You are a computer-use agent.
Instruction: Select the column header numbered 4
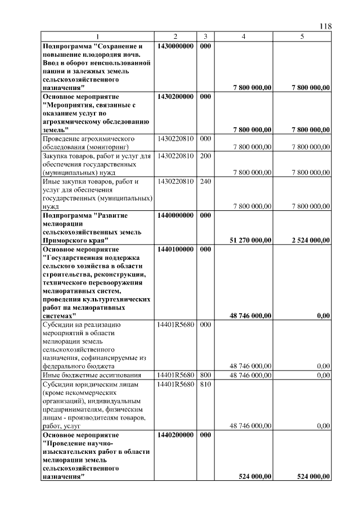(243, 37)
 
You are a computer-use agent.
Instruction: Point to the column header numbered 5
(302, 37)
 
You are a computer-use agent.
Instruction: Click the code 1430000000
(175, 45)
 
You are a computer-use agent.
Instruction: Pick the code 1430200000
(175, 97)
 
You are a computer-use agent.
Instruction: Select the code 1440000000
(175, 215)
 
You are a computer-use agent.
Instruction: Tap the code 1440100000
(175, 248)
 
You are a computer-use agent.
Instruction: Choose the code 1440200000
(175, 435)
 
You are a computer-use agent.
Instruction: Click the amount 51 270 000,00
(251, 240)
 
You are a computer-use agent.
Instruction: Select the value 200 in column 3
(205, 155)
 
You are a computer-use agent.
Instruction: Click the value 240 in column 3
(205, 182)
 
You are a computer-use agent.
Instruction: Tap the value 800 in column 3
(205, 374)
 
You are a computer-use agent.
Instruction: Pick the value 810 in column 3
(205, 384)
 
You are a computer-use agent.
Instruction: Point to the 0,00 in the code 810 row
(323, 426)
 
